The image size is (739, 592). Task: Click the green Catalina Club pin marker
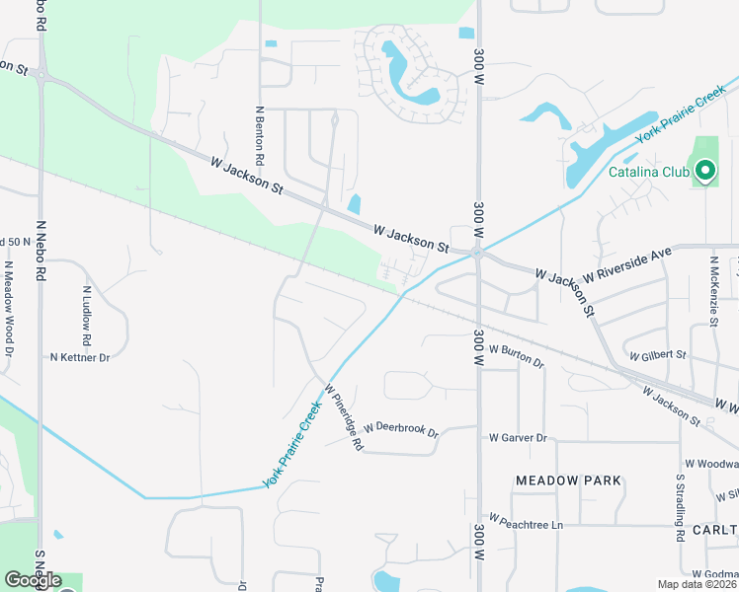tap(704, 172)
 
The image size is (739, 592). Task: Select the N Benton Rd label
tap(260, 136)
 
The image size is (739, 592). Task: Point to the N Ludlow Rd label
tap(87, 316)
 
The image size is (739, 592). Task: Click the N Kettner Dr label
tap(80, 356)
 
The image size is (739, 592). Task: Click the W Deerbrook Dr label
tap(400, 429)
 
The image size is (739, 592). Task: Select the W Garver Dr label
tap(518, 437)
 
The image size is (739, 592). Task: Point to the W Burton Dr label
tap(516, 356)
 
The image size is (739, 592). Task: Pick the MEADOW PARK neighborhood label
tap(569, 481)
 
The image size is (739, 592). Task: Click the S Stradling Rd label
tap(681, 507)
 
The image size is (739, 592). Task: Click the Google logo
tap(33, 580)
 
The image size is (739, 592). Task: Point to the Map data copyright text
tap(697, 584)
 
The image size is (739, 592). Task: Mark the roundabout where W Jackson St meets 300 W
tap(477, 254)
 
